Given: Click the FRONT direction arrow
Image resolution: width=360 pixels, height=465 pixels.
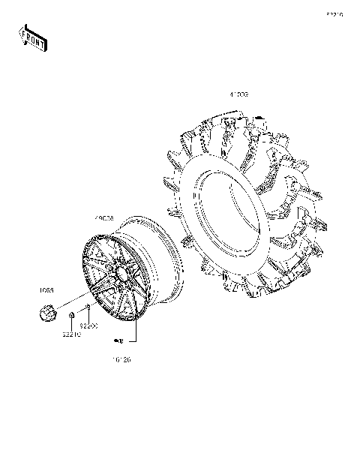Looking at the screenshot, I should [33, 37].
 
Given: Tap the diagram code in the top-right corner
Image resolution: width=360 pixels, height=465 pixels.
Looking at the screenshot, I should [334, 14].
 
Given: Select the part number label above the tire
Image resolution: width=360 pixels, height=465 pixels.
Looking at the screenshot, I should [238, 95].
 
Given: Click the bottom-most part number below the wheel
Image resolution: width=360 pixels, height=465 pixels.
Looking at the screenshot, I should [121, 360].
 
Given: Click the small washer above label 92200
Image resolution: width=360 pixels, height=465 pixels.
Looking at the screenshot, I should [88, 307].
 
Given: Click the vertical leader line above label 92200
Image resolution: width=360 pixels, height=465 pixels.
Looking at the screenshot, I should [88, 316].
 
